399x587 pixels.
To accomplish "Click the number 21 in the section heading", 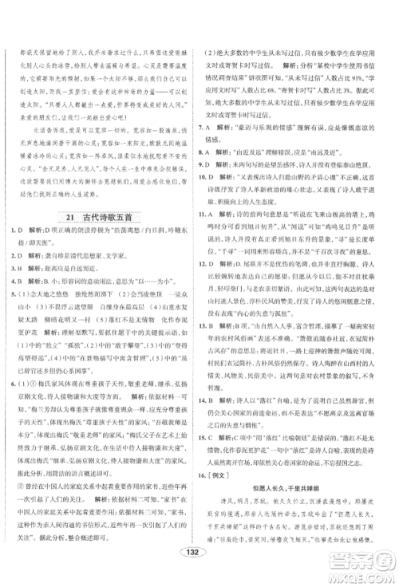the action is coord(72,218).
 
